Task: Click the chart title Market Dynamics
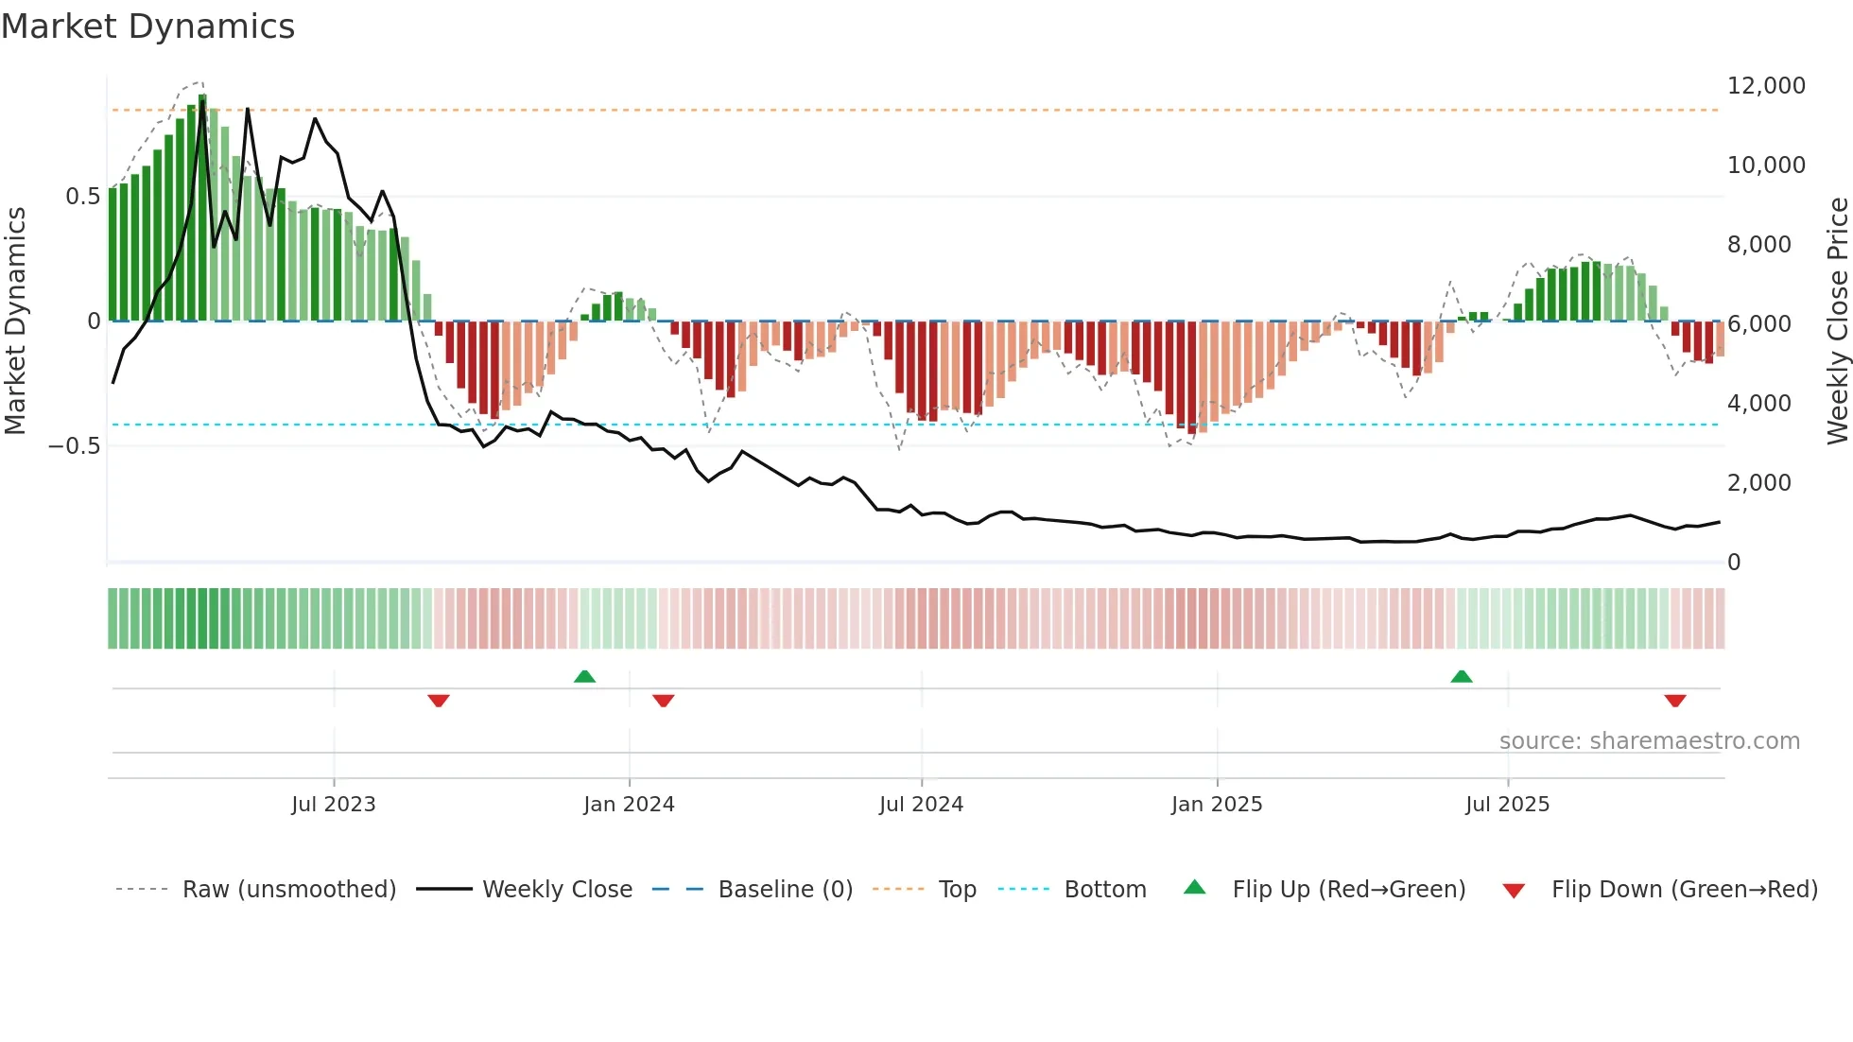(x=148, y=26)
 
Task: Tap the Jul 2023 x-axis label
(x=333, y=805)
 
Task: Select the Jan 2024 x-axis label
(x=629, y=805)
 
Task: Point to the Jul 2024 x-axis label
(x=921, y=805)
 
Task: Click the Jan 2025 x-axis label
(x=1217, y=805)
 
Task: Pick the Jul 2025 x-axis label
(x=1507, y=805)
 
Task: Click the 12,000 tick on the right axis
(x=1766, y=86)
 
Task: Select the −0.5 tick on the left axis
(x=74, y=446)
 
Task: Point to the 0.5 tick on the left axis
(x=82, y=197)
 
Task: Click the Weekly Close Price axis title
(x=1837, y=321)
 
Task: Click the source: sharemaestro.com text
(x=1649, y=741)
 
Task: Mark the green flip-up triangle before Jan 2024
(x=584, y=676)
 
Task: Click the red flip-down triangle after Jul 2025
(x=1675, y=701)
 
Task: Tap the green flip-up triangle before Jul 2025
(x=1462, y=676)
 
